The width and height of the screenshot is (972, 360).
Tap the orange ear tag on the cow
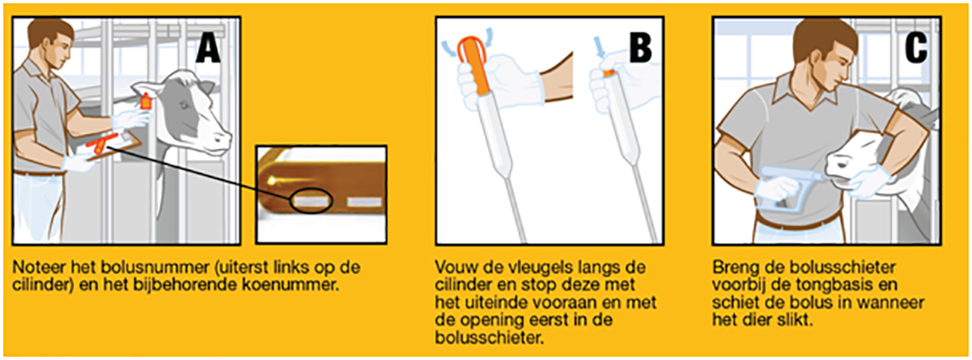pyautogui.click(x=146, y=101)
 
